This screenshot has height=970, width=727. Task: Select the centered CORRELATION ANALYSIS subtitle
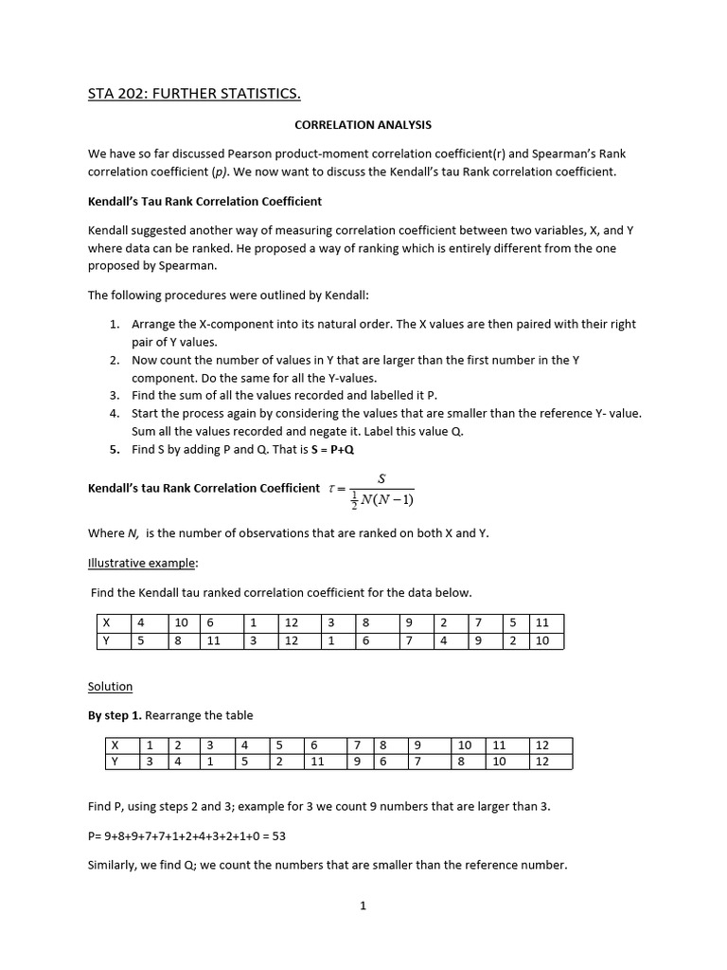click(363, 124)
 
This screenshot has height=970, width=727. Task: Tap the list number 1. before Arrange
click(114, 324)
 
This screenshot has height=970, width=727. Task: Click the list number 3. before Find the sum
click(114, 395)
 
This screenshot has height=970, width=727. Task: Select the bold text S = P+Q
click(327, 449)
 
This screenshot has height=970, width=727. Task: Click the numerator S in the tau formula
click(381, 478)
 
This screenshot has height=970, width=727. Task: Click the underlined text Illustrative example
click(143, 563)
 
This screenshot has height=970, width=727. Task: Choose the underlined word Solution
click(110, 686)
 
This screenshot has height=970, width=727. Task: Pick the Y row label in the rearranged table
click(115, 761)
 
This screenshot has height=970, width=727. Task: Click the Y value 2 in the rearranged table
click(280, 761)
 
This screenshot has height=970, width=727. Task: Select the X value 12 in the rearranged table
click(541, 745)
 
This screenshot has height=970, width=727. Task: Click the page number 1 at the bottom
click(363, 906)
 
